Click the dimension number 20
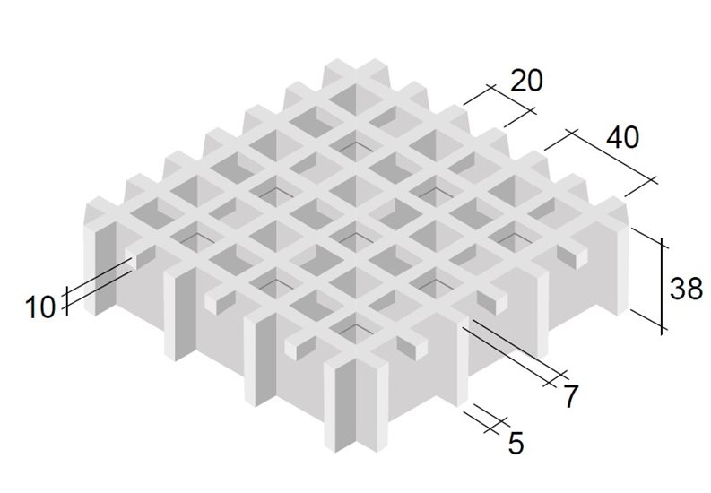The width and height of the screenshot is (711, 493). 526,81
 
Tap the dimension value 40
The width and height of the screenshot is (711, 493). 622,137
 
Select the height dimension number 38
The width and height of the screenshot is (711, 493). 686,289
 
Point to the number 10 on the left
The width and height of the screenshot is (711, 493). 40,307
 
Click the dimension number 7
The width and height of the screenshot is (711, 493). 570,395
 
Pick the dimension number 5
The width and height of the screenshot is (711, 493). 516,443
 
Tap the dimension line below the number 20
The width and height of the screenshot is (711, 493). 511,98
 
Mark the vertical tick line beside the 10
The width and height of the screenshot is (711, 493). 66,300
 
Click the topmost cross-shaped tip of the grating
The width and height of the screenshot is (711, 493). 355,67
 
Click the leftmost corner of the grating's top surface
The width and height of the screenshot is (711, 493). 86,206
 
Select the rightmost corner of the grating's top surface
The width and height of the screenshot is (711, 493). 629,206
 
